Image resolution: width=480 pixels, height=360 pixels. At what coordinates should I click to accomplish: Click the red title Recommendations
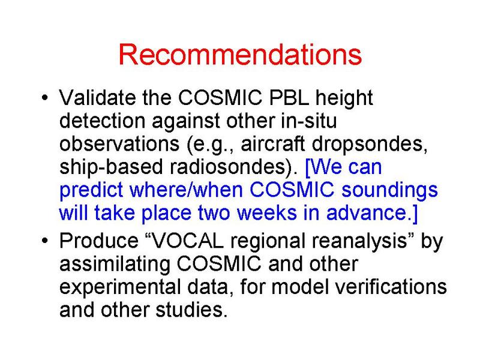pos(241,55)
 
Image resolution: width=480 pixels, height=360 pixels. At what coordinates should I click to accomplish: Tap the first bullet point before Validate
pos(44,98)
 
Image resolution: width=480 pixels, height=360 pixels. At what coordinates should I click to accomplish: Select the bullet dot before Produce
pos(44,241)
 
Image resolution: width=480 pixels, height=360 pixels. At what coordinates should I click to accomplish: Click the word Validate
pos(97,98)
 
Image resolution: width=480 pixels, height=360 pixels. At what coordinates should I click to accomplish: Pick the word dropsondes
pos(370,144)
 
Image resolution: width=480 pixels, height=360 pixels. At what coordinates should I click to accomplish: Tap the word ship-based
pos(111,168)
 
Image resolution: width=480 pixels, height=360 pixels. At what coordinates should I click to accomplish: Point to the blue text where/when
pos(186,190)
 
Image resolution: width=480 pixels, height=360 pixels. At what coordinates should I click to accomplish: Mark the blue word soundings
pos(389,190)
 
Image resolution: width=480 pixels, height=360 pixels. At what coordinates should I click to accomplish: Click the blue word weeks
pos(266,213)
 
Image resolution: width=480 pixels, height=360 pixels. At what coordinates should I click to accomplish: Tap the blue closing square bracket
pos(415,214)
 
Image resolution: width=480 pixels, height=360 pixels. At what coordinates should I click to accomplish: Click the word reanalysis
pos(359,242)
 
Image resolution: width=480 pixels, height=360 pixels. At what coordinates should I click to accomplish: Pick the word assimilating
pos(115,265)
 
